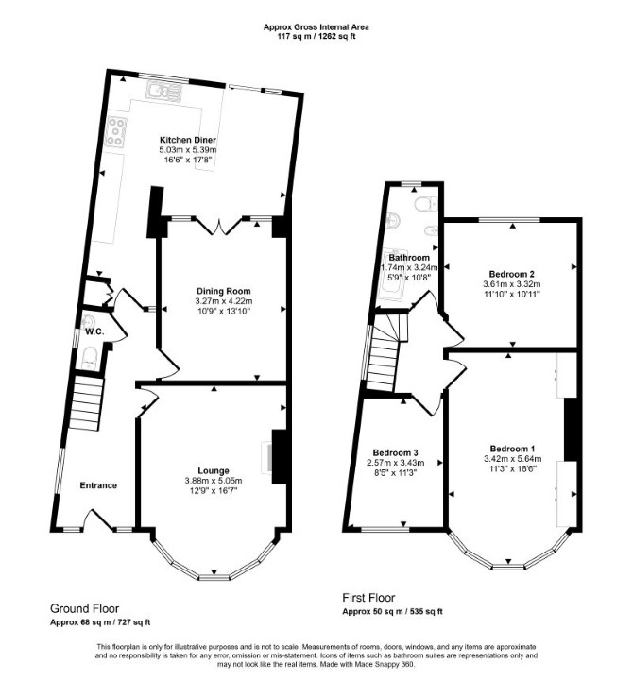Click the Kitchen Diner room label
188,140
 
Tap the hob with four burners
116,131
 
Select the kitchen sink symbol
164,92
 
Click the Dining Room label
223,291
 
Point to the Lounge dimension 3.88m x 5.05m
213,481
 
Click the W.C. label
94,332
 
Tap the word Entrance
98,485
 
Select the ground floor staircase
86,403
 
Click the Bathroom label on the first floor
409,258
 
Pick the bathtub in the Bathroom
393,274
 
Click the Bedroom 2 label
511,274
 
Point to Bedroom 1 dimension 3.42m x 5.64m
512,458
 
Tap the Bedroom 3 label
395,452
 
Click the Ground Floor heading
85,608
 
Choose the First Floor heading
368,598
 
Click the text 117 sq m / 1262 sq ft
316,37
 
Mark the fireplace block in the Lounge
279,457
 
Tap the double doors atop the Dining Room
219,226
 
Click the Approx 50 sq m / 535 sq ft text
393,612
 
